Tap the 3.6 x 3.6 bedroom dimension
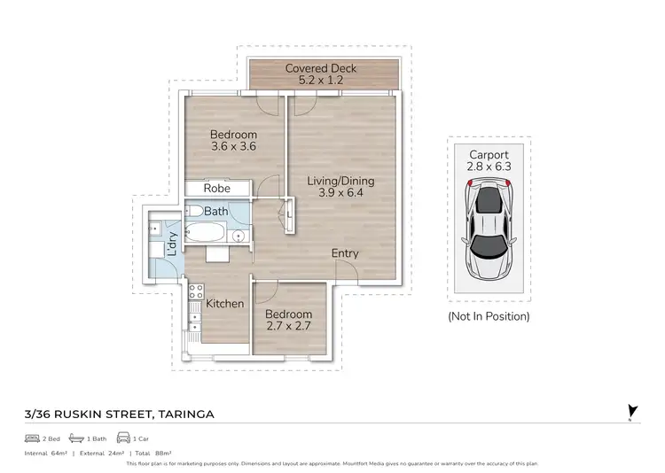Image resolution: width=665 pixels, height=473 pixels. pyautogui.click(x=233, y=147)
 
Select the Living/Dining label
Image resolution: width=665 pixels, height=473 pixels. pyautogui.click(x=341, y=181)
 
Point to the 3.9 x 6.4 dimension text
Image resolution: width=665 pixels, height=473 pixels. pyautogui.click(x=341, y=193)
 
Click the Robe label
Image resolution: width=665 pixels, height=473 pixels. pyautogui.click(x=217, y=189)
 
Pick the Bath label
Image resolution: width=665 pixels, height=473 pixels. pyautogui.click(x=216, y=212)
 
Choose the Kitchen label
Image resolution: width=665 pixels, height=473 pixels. pyautogui.click(x=225, y=304)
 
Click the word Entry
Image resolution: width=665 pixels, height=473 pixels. pyautogui.click(x=345, y=253)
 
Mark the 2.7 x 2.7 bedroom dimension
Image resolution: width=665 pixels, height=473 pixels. pyautogui.click(x=288, y=327)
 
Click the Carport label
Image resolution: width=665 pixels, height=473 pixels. pyautogui.click(x=489, y=155)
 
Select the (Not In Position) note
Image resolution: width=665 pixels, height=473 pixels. pyautogui.click(x=489, y=316)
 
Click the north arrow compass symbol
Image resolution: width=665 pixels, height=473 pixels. pyautogui.click(x=631, y=411)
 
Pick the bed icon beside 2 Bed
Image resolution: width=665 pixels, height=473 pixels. pyautogui.click(x=32, y=438)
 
